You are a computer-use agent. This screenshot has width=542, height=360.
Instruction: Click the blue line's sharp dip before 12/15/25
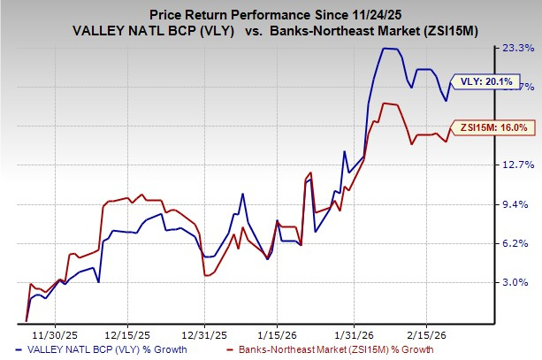tap(98, 281)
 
